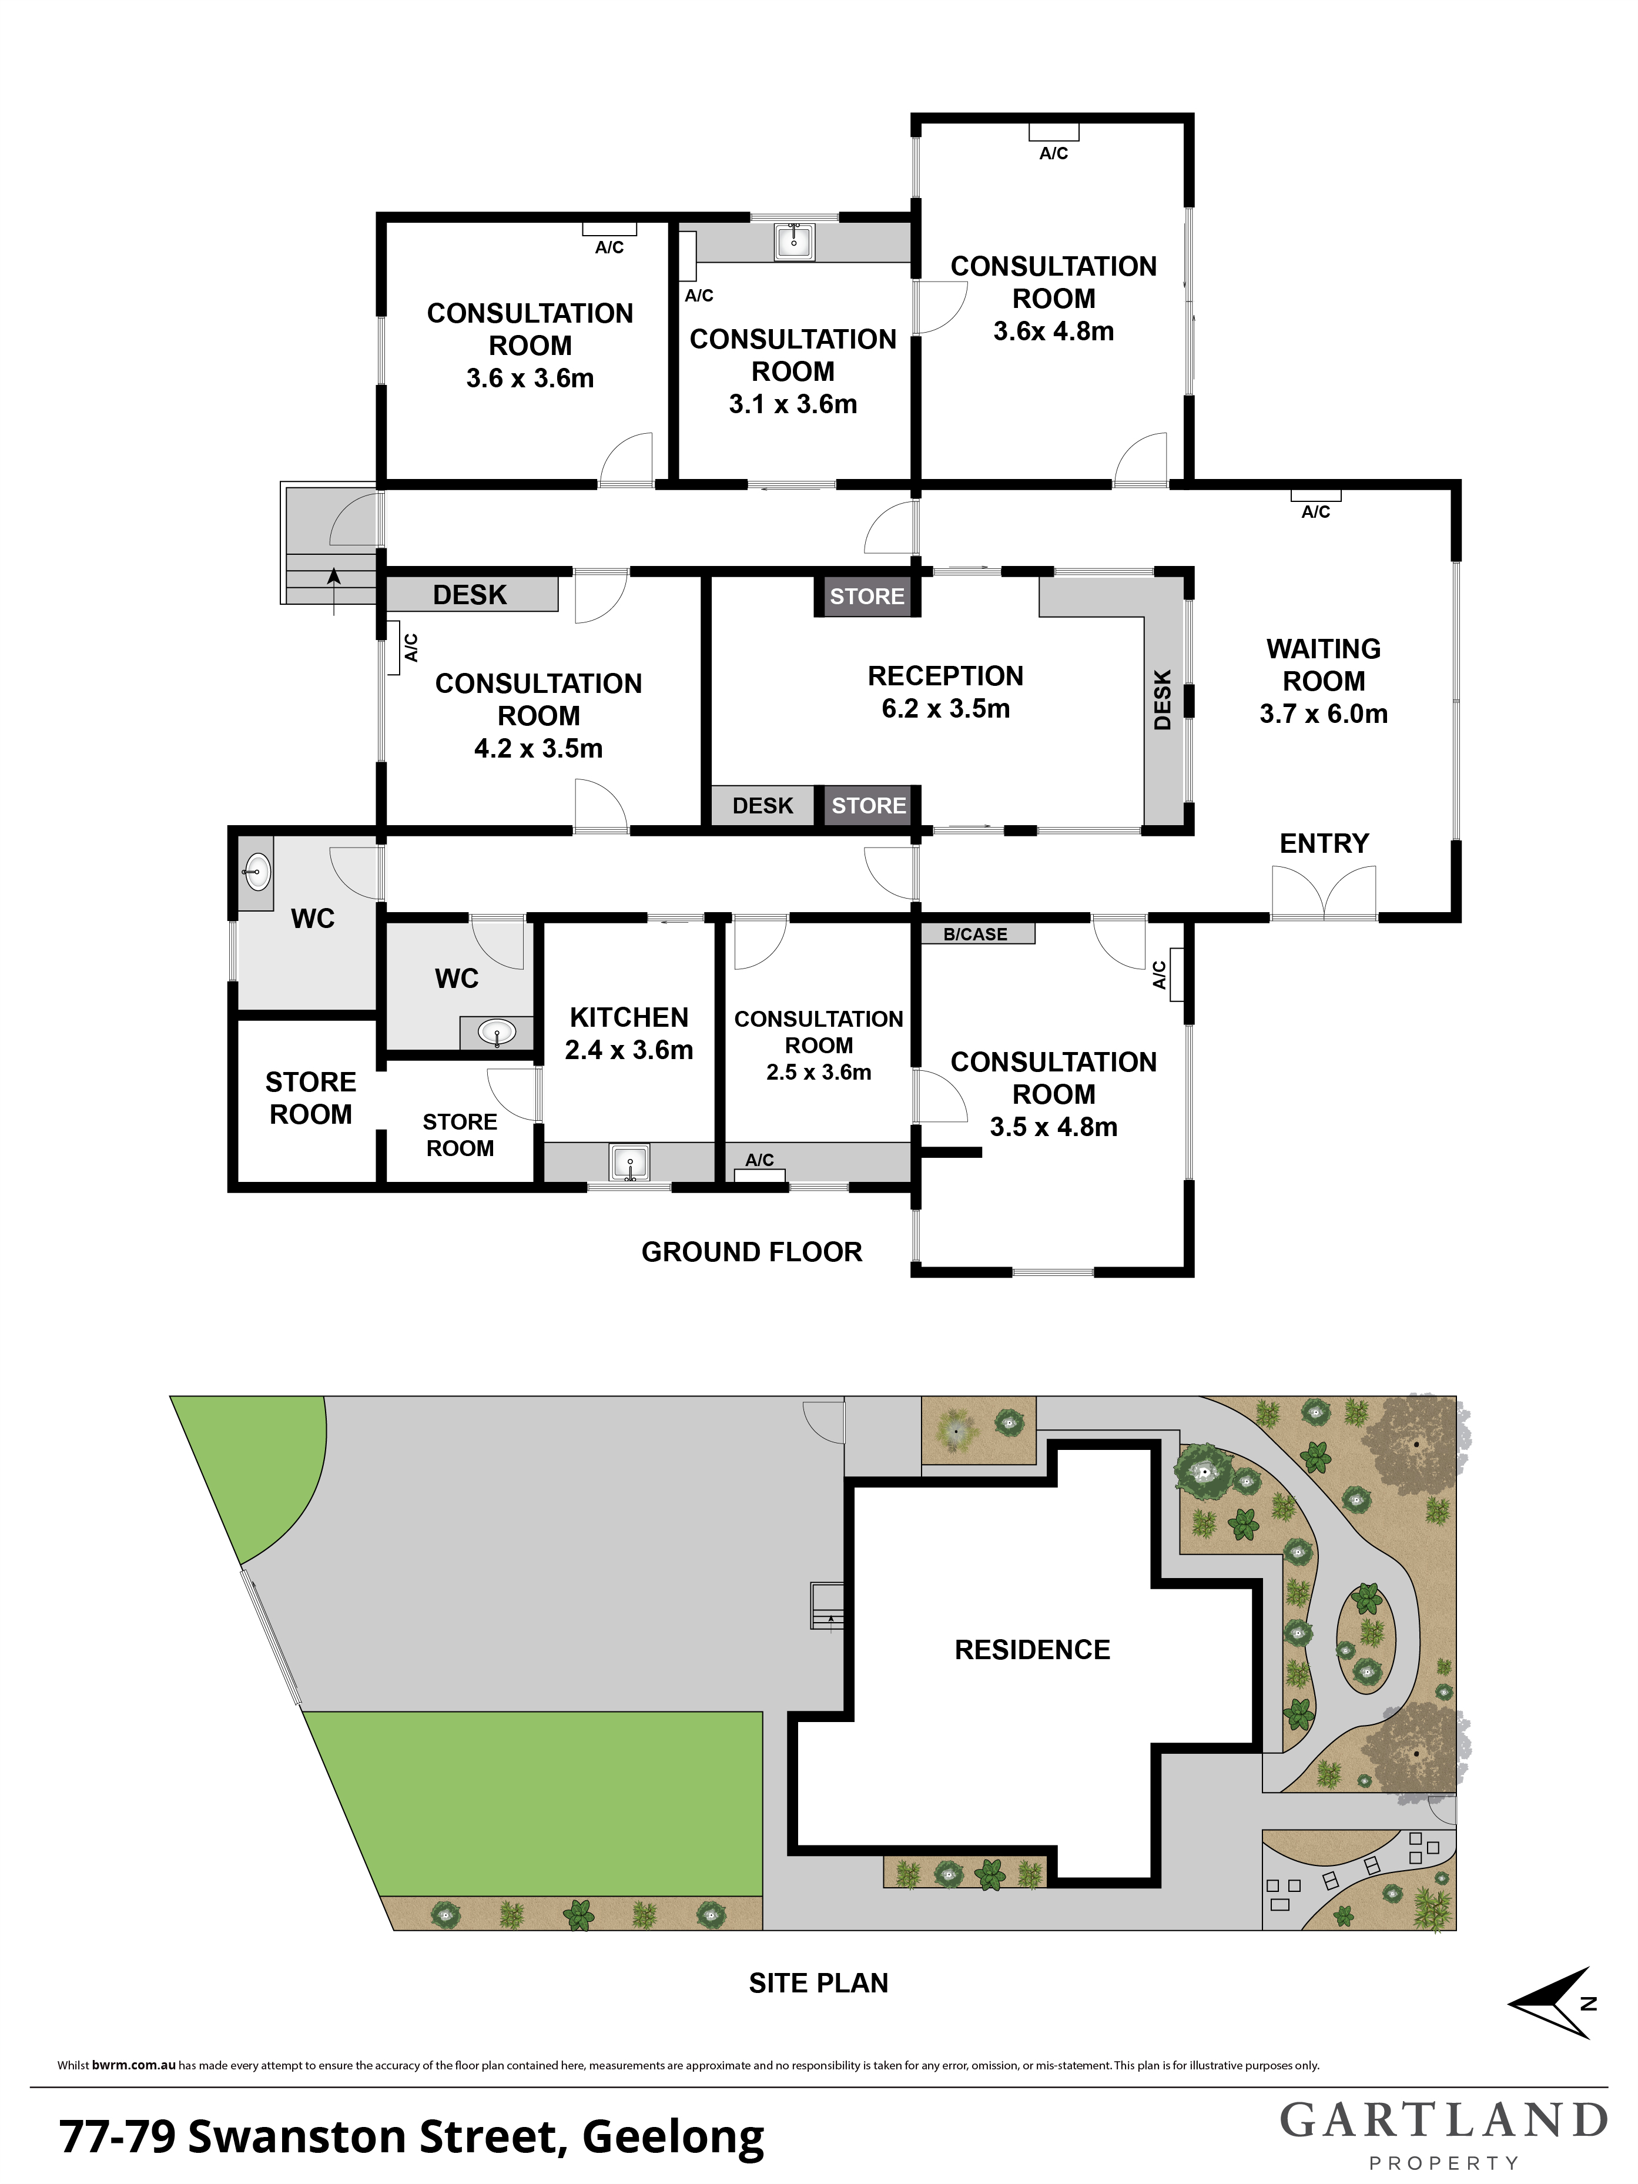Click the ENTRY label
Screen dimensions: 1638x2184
pos(1324,843)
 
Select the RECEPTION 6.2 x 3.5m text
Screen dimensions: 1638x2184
pos(946,692)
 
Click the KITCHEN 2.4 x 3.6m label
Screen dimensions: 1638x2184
pos(629,1034)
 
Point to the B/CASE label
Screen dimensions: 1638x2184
pos(976,934)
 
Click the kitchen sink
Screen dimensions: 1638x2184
pos(629,1161)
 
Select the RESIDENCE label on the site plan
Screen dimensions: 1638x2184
pos(1033,1650)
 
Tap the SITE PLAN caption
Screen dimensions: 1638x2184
pos(819,1984)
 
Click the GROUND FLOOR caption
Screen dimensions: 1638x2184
pos(751,1252)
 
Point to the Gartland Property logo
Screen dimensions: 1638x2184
pos(1443,2133)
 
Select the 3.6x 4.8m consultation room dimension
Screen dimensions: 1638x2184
pos(1053,331)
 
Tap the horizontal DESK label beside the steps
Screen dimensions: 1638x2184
pos(470,594)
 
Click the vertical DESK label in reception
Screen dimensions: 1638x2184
pos(1163,700)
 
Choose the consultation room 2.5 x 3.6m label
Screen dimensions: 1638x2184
pos(819,1046)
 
